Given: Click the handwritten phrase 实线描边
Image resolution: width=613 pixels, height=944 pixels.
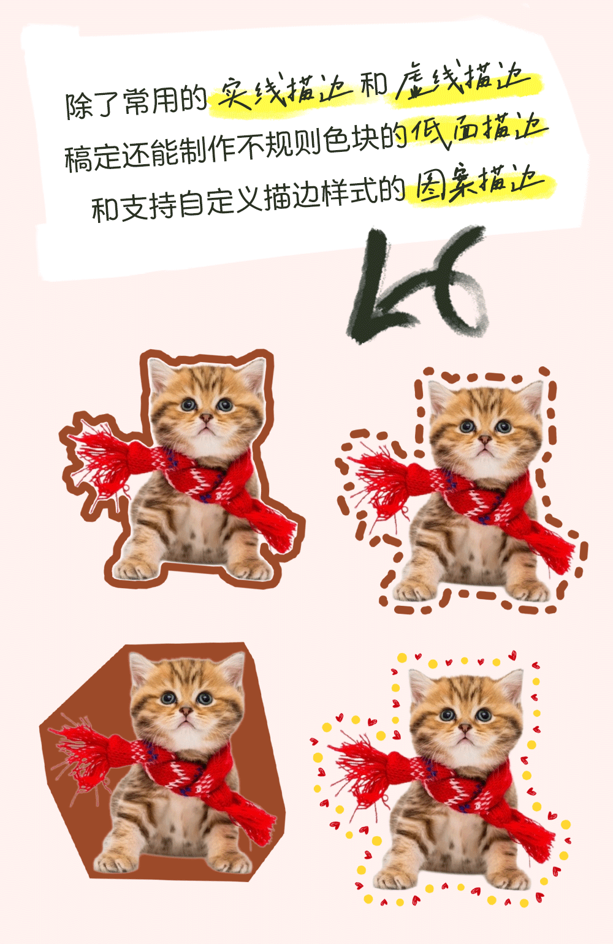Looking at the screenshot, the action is tap(283, 91).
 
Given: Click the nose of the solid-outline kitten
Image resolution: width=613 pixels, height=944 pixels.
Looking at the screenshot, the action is tap(206, 418).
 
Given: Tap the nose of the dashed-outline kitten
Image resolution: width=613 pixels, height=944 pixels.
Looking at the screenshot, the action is tap(485, 439).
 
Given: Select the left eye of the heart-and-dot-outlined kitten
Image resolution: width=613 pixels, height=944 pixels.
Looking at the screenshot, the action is tap(447, 714).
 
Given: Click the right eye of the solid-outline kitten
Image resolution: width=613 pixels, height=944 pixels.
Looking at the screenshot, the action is tap(225, 405).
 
